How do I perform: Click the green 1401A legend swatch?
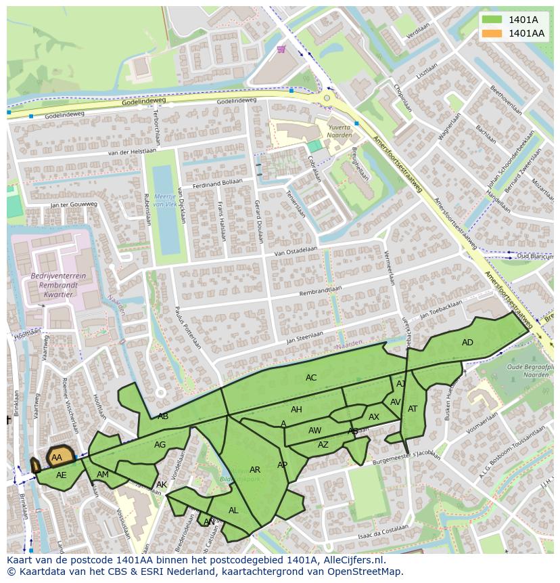[x=492, y=20]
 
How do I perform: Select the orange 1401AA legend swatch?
[x=492, y=33]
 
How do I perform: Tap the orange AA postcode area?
[x=59, y=457]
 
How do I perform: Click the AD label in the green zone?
[x=467, y=343]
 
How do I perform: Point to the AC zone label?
[x=311, y=378]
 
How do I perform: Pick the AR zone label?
[x=255, y=470]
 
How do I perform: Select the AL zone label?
[x=233, y=511]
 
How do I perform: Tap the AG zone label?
[x=160, y=445]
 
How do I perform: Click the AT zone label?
[x=413, y=409]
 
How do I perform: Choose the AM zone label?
[x=103, y=475]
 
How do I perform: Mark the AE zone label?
[x=62, y=475]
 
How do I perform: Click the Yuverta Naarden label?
[x=340, y=131]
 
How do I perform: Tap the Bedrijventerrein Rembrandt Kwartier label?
[x=57, y=286]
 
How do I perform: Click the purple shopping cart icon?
[x=281, y=49]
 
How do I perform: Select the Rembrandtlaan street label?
[x=321, y=290]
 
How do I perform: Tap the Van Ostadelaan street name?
[x=296, y=251]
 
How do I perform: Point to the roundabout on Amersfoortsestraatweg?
[x=327, y=98]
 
